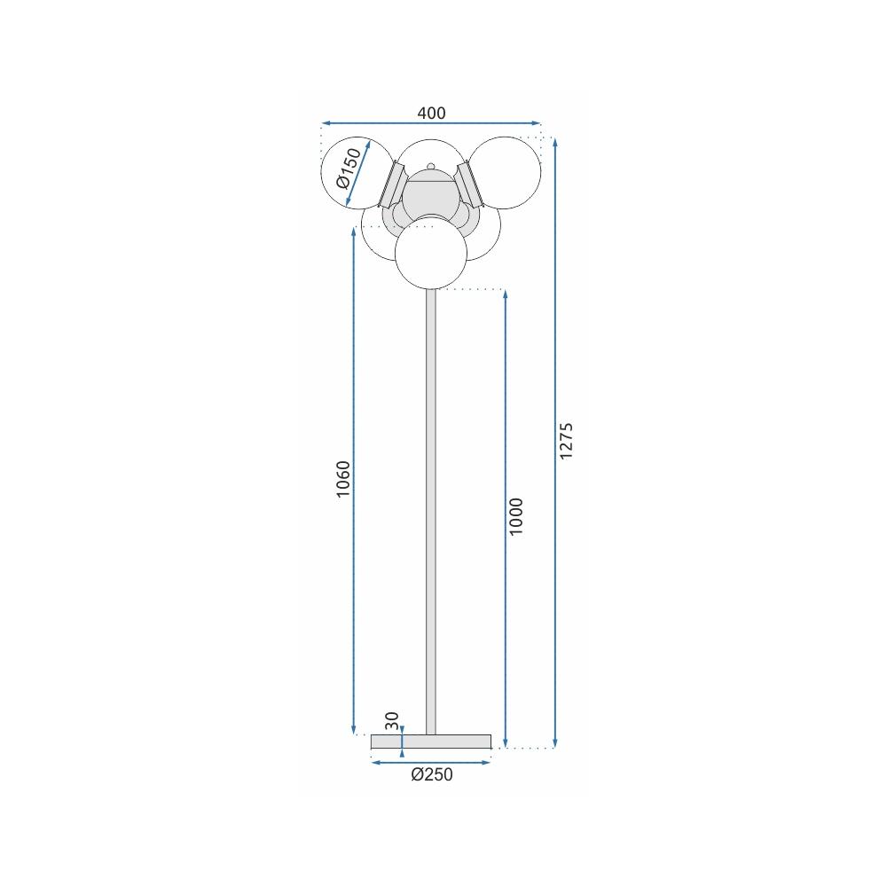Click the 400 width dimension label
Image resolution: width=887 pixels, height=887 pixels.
431,113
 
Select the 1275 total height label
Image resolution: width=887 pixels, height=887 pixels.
568,441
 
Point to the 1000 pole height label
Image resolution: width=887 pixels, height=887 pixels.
518,515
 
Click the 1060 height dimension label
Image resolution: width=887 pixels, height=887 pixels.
345,479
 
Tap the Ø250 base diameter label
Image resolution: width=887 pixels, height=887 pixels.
432,774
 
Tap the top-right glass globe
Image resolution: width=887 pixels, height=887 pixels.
505,173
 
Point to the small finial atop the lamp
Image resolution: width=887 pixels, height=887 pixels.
431,166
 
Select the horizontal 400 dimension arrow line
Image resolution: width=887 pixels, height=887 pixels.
431,123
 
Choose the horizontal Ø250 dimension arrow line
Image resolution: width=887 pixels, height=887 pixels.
431,761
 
